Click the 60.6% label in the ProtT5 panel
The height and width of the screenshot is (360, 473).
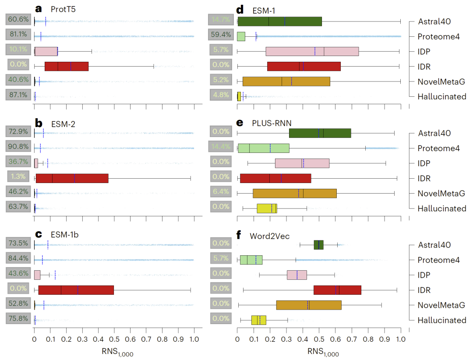click(x=18, y=20)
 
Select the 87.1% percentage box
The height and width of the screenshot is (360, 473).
click(x=18, y=95)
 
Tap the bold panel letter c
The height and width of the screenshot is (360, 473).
click(x=38, y=234)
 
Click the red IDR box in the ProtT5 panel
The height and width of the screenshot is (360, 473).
click(x=67, y=66)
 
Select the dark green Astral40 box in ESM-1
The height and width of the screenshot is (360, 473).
click(x=279, y=21)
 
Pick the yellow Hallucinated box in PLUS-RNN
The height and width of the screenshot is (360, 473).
click(x=267, y=208)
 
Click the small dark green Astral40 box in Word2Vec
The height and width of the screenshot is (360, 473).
click(x=318, y=245)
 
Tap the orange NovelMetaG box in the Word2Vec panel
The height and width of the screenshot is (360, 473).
click(x=309, y=305)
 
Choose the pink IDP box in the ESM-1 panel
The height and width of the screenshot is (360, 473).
click(x=312, y=51)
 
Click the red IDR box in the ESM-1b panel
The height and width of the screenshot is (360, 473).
click(x=76, y=289)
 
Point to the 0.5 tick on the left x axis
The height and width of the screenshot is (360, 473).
click(x=114, y=339)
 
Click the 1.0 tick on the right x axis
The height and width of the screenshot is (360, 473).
click(x=400, y=339)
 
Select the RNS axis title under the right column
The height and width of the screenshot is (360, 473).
click(x=323, y=352)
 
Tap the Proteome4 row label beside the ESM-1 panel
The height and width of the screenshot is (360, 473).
click(x=438, y=36)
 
